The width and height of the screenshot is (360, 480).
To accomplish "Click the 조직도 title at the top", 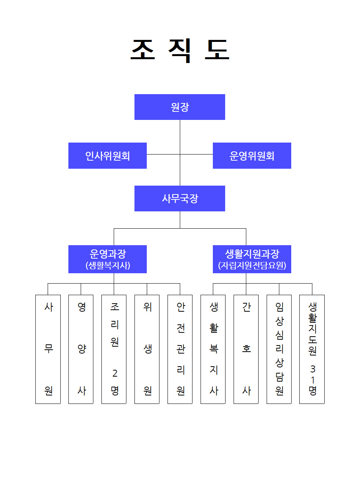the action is coord(180,50).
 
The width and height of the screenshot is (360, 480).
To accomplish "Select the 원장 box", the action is coord(180,107).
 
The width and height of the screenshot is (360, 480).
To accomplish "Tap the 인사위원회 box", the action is coord(108,156).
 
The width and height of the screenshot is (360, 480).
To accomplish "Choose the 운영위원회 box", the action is coord(252,156).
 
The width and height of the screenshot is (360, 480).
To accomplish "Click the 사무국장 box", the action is coord(180,198).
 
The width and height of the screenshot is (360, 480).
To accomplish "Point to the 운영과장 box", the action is coord(108,259).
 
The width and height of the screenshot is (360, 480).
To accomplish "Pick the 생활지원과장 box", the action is coord(252,259).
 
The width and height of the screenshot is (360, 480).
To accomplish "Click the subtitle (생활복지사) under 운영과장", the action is coord(108,265).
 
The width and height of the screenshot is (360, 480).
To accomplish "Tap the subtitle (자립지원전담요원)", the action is coord(252,265).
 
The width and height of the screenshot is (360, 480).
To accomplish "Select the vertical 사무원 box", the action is coord(48,349).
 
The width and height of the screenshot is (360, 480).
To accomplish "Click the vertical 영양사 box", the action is coord(81,349).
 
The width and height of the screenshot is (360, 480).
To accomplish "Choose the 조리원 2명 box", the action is coord(114,349).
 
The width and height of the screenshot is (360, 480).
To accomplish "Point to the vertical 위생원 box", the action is coord(147,349).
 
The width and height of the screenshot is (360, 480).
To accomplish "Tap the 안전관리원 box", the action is coord(180,349).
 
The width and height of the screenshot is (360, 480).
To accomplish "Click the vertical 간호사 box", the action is coord(246,349).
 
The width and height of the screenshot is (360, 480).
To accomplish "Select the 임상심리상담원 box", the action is coord(279,349).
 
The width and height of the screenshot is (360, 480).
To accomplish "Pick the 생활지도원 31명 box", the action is coord(312,349).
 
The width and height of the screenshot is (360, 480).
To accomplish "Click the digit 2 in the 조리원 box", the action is coord(115,373).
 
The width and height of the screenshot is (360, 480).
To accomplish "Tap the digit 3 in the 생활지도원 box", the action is coord(313,369).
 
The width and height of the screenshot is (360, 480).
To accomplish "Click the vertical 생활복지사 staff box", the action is coord(213,349).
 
